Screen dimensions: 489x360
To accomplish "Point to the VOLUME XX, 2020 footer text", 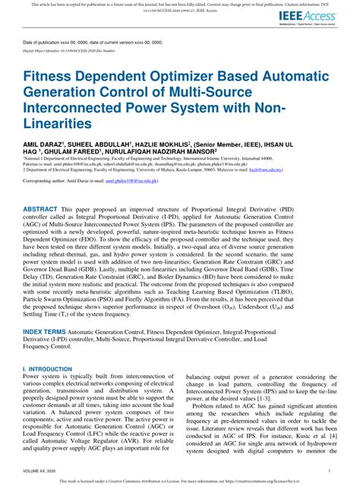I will point(42,471).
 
